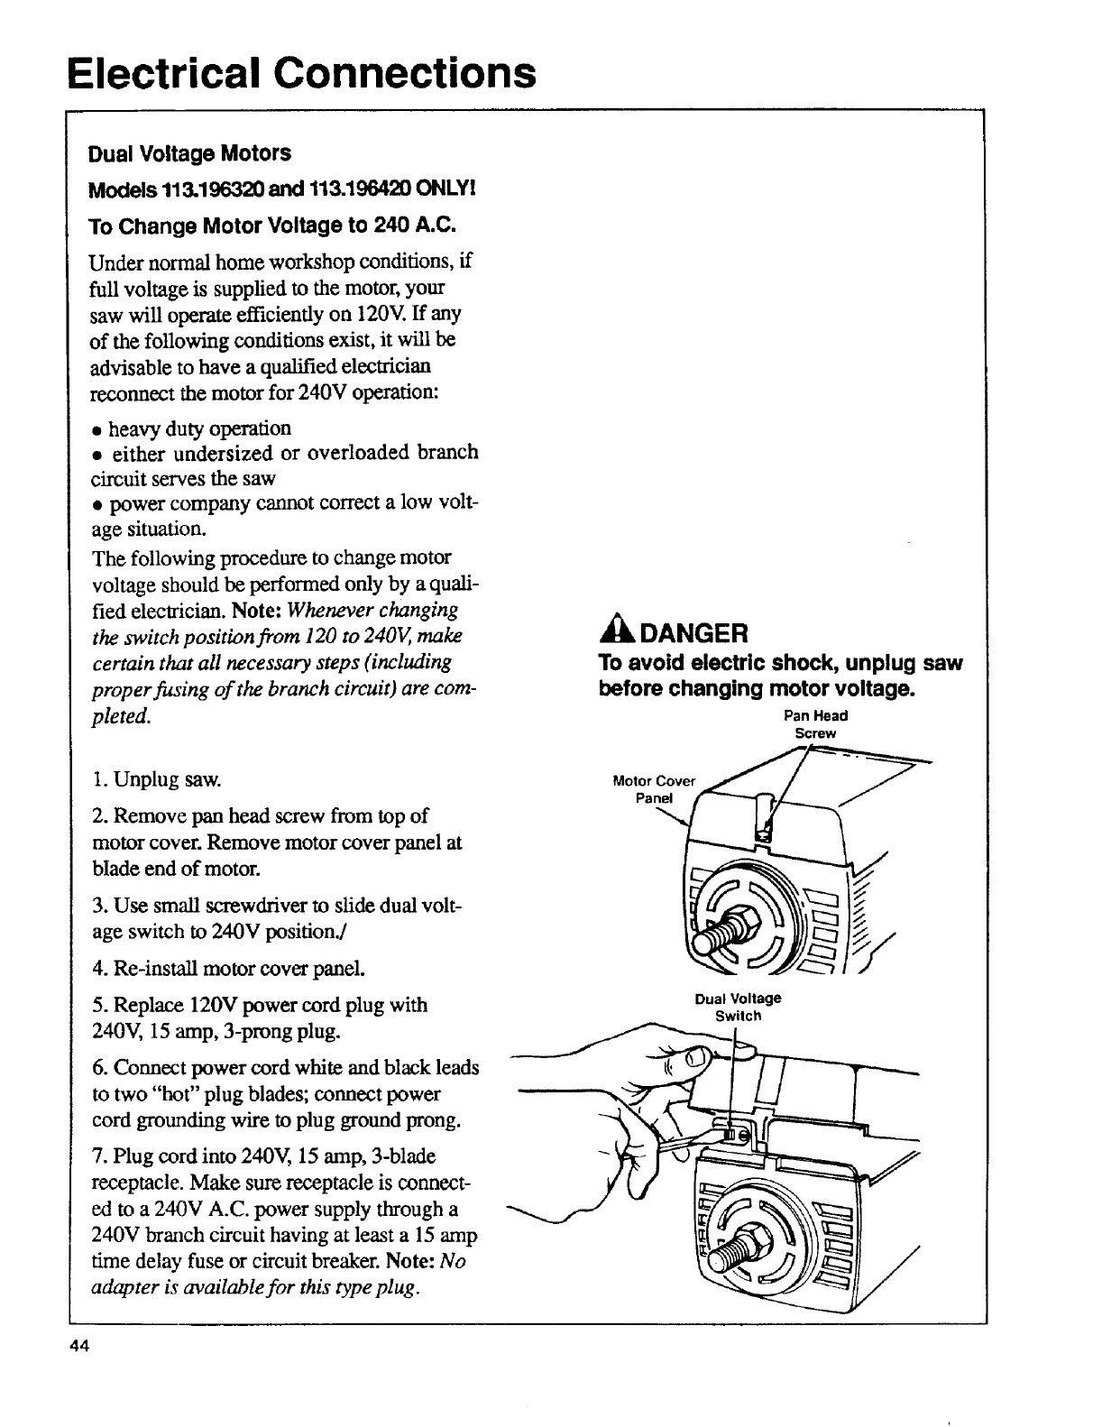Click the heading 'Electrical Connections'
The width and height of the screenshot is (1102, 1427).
tap(301, 72)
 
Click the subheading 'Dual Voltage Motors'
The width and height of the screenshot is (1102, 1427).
tap(189, 153)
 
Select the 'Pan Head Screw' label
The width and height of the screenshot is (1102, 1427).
tap(815, 724)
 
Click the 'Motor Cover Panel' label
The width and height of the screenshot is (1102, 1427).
tap(654, 788)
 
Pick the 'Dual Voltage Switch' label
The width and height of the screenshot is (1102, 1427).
tap(738, 1007)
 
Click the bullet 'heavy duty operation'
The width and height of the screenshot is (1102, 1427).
tap(199, 428)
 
